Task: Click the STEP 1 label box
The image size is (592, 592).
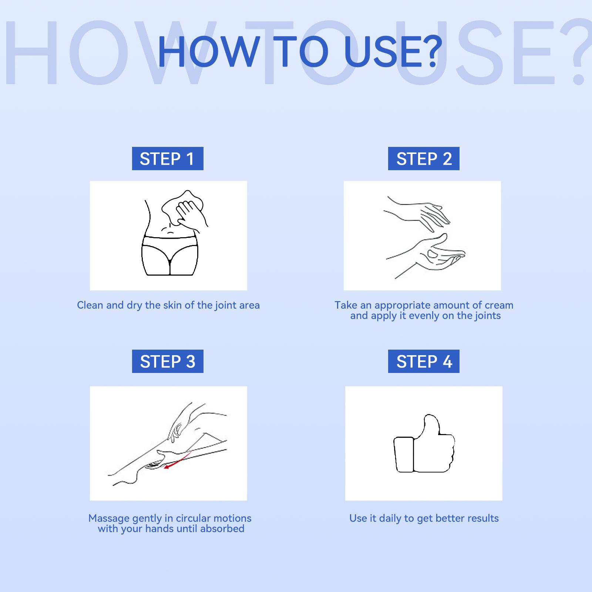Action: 168,159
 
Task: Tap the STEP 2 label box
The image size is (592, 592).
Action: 424,159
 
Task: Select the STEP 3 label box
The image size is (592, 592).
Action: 168,361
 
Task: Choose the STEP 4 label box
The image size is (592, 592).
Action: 424,361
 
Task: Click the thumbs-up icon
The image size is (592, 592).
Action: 424,444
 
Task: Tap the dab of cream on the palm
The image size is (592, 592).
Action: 432,253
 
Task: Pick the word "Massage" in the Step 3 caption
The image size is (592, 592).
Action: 109,518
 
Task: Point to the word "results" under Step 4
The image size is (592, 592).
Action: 482,518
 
